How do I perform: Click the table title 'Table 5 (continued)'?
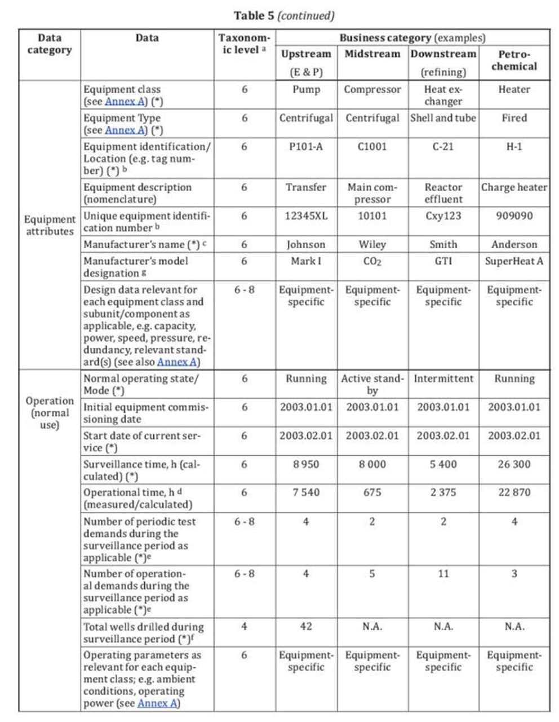(x=283, y=16)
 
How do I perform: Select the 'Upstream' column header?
(x=306, y=54)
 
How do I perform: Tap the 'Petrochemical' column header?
(x=514, y=60)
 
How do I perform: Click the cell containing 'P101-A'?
(x=306, y=147)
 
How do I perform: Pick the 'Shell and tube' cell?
(x=443, y=118)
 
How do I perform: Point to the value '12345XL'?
(x=306, y=216)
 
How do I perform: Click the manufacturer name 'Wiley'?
(x=372, y=244)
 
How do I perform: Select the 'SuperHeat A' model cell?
(x=514, y=261)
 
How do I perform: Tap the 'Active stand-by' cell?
(x=372, y=384)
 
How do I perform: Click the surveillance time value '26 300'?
(x=514, y=464)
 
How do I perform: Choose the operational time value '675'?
(x=372, y=492)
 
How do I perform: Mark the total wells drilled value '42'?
(x=306, y=627)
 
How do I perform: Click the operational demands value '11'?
(x=443, y=574)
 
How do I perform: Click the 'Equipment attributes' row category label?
(x=50, y=225)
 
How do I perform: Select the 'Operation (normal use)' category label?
(x=50, y=412)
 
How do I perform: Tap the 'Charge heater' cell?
(x=514, y=187)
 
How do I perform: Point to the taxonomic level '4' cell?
(x=244, y=627)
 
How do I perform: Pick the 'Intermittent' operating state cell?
(x=443, y=378)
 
